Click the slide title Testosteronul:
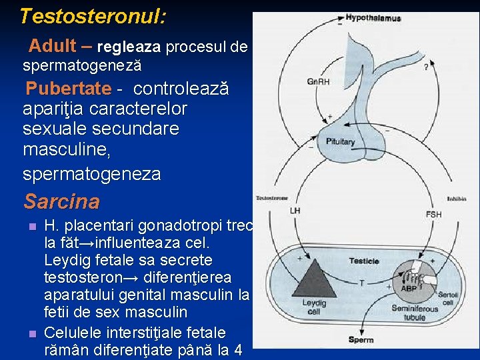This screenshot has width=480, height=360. [93, 16]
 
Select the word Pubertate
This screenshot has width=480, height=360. [67, 89]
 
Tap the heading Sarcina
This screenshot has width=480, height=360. [61, 201]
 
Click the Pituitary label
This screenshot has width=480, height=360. [341, 141]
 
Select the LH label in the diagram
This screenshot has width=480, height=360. [295, 211]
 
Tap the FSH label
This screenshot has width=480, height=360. [433, 214]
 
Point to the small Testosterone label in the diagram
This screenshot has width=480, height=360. [272, 198]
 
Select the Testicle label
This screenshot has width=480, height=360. [364, 261]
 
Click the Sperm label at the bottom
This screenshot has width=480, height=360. [361, 340]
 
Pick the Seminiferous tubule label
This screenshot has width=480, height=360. [415, 313]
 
